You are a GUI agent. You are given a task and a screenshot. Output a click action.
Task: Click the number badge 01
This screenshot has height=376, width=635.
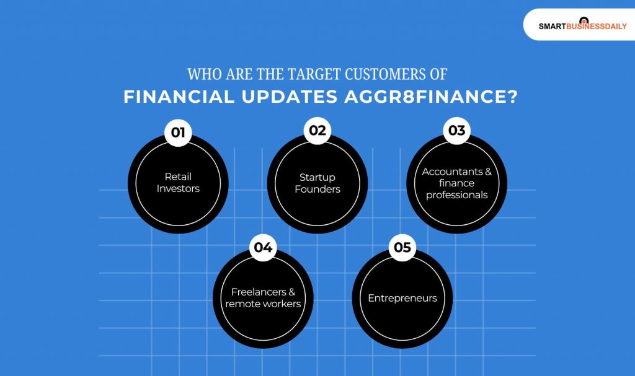click(178, 133)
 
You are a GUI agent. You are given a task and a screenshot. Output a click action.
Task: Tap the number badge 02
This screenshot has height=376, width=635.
click(317, 131)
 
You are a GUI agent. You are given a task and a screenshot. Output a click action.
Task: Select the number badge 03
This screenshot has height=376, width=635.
click(457, 131)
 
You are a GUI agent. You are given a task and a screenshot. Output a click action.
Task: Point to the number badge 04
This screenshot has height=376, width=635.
click(263, 248)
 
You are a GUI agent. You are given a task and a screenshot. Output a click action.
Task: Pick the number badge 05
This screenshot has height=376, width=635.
click(402, 248)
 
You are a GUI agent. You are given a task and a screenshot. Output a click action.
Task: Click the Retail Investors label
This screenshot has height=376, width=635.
click(178, 183)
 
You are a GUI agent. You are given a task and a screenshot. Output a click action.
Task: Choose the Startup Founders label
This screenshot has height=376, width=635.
click(317, 183)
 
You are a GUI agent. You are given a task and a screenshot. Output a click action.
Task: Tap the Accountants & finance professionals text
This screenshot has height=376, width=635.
click(457, 183)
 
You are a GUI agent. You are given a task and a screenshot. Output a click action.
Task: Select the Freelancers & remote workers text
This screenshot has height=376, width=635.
click(263, 298)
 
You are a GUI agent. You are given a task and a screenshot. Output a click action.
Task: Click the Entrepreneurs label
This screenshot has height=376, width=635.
click(402, 298)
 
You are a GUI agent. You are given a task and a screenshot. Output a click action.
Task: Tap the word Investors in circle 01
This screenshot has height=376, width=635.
click(178, 189)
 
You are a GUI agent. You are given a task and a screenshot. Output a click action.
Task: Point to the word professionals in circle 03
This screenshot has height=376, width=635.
click(457, 195)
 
